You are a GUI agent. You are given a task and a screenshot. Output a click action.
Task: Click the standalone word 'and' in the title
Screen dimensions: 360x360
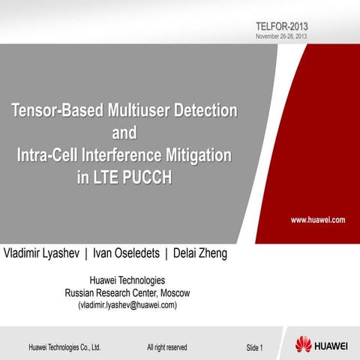click(x=124, y=134)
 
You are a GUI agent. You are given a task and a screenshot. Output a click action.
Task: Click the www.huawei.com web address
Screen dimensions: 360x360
click(x=318, y=220)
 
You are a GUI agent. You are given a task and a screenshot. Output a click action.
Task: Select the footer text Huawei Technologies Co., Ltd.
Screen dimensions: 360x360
click(x=64, y=347)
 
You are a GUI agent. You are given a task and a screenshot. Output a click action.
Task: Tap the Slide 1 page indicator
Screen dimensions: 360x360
click(x=254, y=347)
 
